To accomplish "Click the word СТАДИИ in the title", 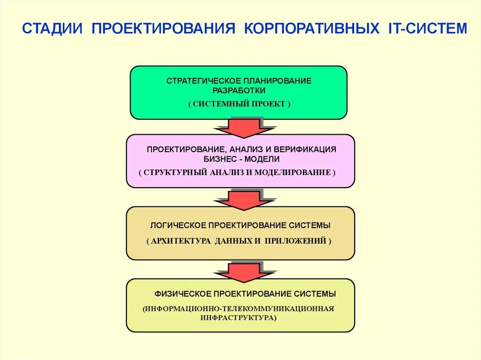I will pyautogui.click(x=53, y=28).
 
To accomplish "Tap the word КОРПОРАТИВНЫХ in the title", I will pyautogui.click(x=311, y=28).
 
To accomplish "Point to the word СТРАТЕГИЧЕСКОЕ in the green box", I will pyautogui.click(x=201, y=81).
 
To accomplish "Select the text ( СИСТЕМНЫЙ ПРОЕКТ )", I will pyautogui.click(x=239, y=104).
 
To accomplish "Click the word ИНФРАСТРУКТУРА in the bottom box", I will pyautogui.click(x=239, y=318).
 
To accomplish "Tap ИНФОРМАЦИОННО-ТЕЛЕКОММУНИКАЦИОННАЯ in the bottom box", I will pyautogui.click(x=240, y=308).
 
